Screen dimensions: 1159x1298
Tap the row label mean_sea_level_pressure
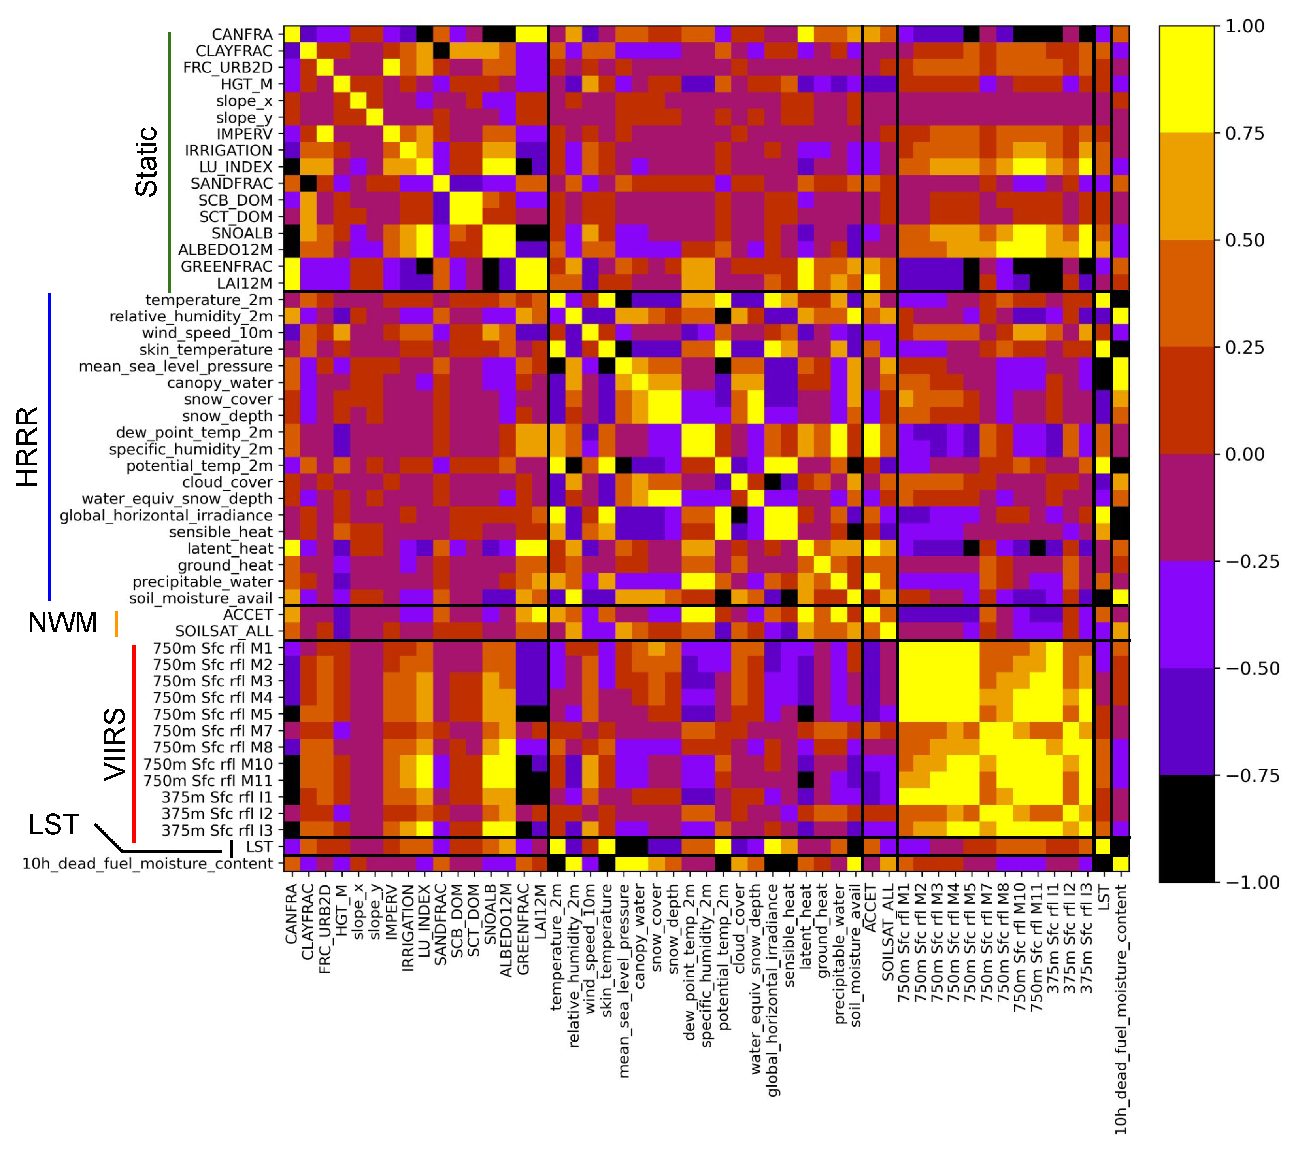[176, 366]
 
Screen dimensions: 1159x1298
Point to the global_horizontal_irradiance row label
[166, 515]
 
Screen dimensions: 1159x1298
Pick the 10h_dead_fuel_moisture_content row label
[148, 864]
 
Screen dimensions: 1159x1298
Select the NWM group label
[62, 623]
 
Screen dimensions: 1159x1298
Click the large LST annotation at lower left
[53, 825]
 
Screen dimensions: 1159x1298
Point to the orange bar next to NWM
[116, 624]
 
